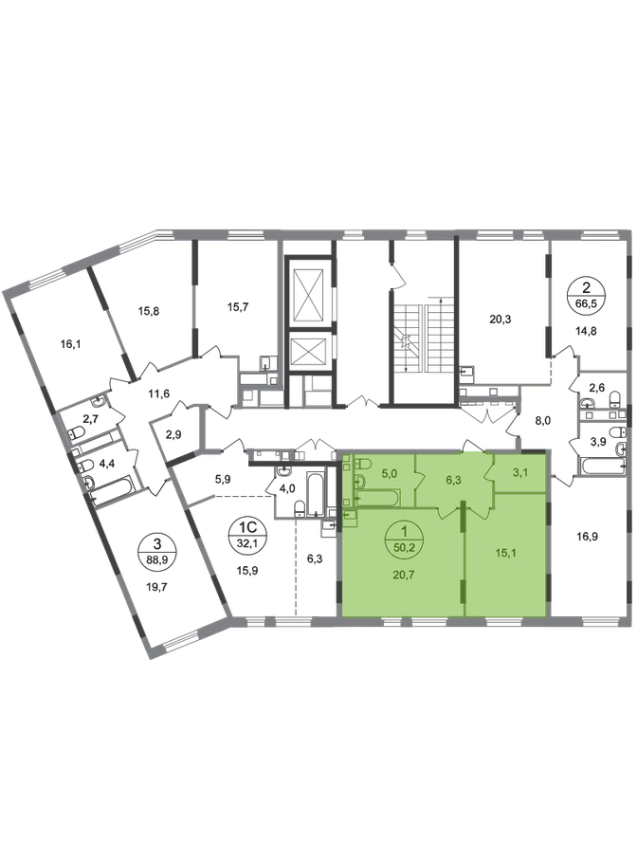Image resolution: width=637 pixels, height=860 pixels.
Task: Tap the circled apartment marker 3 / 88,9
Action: click(x=157, y=550)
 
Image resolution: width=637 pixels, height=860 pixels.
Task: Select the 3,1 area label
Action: click(x=520, y=472)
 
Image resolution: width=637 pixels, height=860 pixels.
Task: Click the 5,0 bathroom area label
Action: click(x=390, y=473)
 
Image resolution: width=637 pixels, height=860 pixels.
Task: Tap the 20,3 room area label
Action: click(x=500, y=319)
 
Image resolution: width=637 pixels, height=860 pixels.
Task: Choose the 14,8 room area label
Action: click(x=586, y=331)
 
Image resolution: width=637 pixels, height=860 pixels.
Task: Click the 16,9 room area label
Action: click(x=588, y=536)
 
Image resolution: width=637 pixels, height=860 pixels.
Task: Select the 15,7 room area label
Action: click(x=238, y=307)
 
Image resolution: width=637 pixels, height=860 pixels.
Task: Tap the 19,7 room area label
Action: click(x=157, y=586)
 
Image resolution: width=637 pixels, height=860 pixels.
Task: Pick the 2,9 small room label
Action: click(x=173, y=435)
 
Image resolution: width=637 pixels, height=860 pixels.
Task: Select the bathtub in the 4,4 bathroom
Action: click(x=112, y=490)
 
